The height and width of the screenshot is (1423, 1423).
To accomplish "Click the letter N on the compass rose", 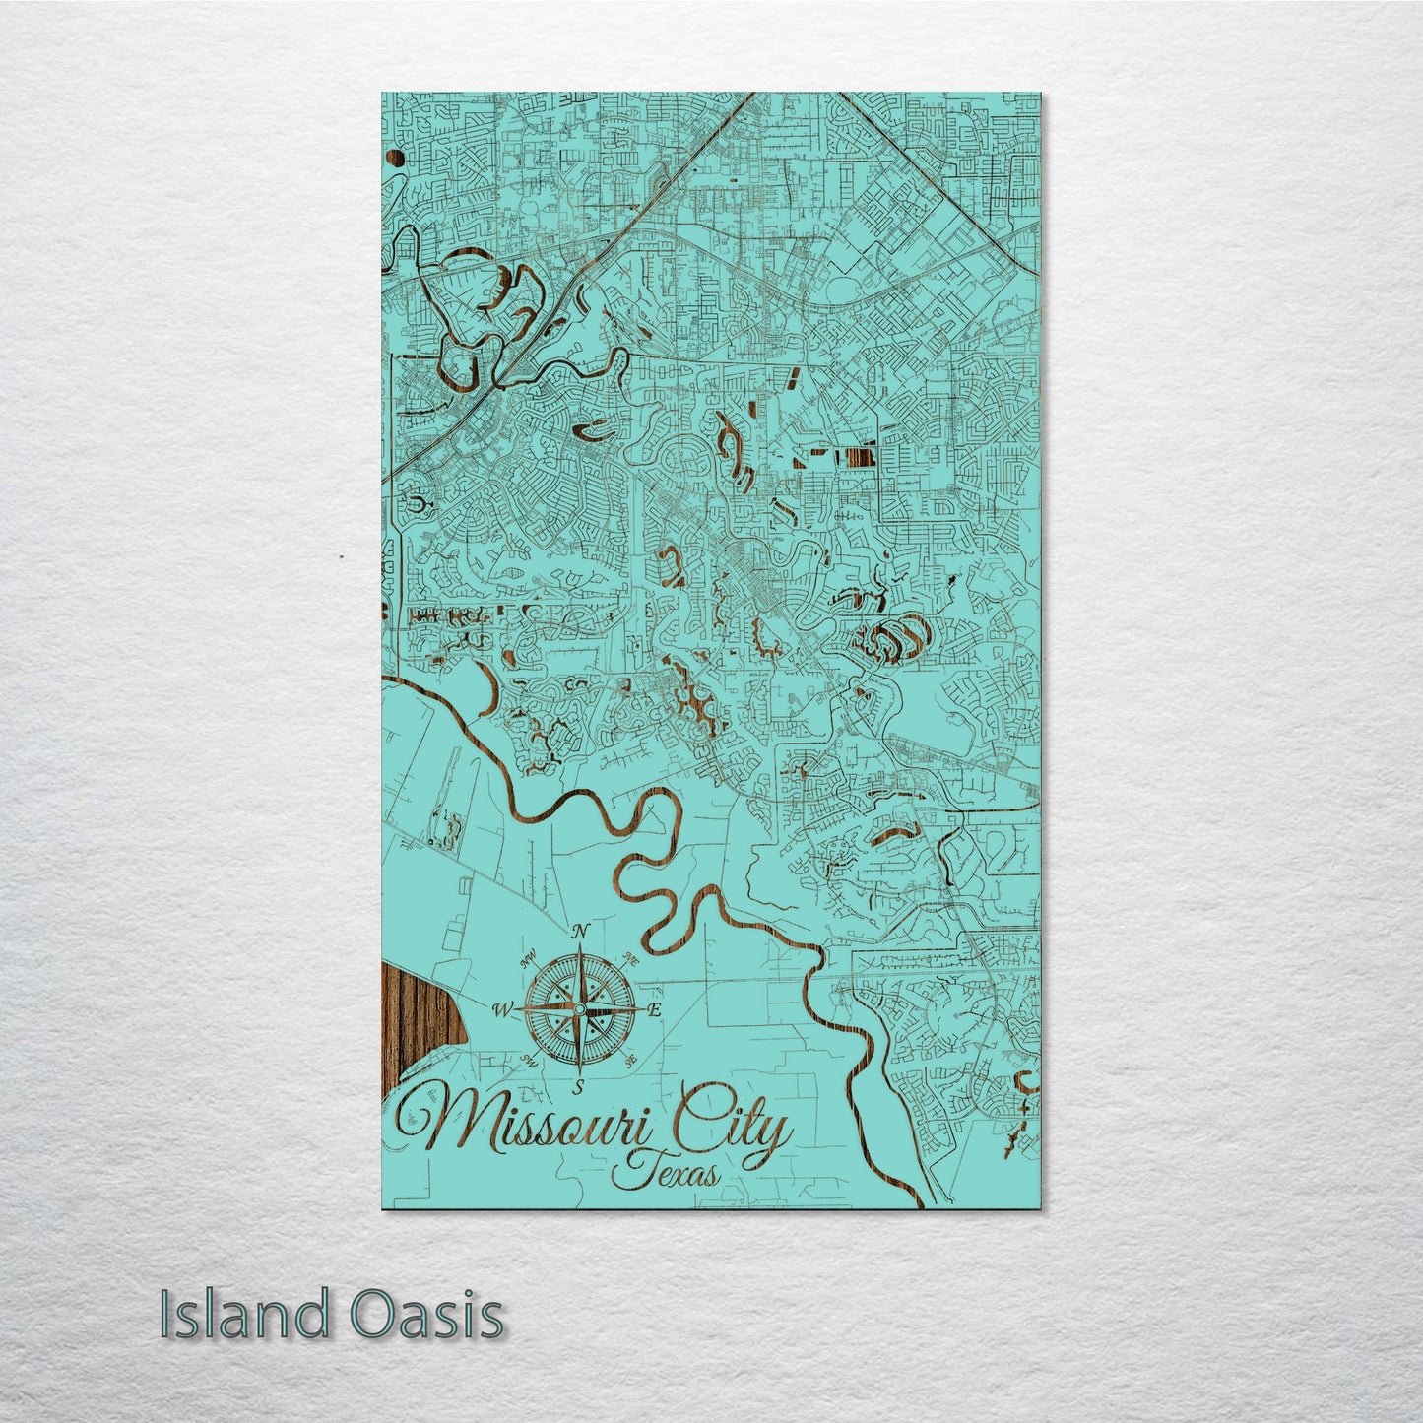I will click(581, 930).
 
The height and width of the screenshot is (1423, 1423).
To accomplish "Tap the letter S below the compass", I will click(580, 1086).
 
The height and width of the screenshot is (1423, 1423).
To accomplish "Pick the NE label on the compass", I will click(632, 958).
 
